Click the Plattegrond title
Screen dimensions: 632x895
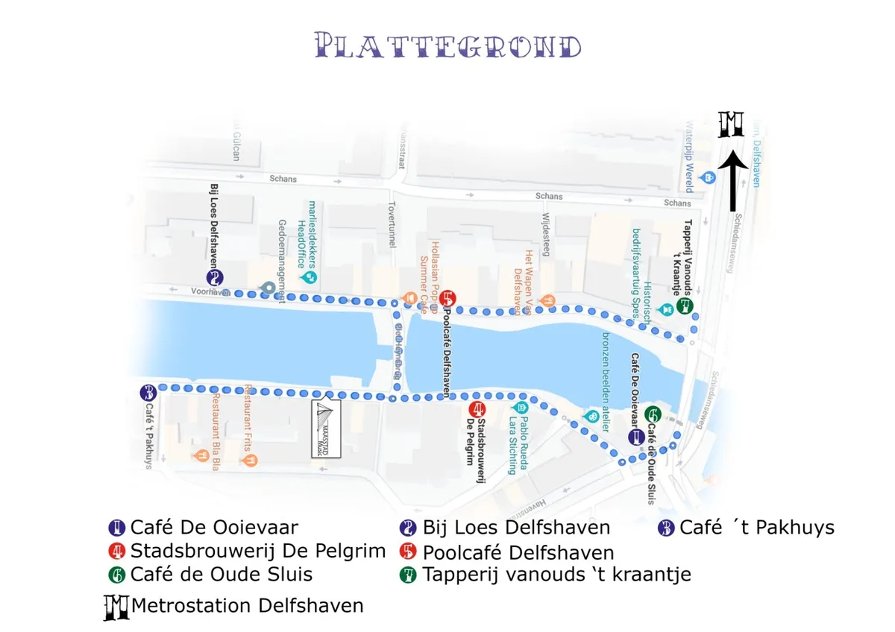[x=448, y=45]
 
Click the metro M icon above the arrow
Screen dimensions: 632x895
[x=731, y=124]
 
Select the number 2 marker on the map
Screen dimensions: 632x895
[x=216, y=278]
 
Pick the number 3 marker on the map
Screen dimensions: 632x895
[x=148, y=392]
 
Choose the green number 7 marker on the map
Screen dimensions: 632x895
[x=686, y=306]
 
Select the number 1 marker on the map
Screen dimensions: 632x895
[x=635, y=437]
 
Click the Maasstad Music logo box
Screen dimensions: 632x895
[x=326, y=429]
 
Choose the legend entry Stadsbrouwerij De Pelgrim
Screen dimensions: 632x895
[x=257, y=552]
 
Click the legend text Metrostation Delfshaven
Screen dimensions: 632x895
[x=247, y=606]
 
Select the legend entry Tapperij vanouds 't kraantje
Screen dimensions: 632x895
[x=556, y=575]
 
